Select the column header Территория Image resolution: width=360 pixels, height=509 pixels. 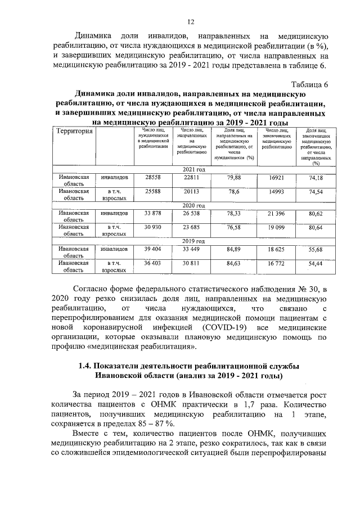click(x=74, y=131)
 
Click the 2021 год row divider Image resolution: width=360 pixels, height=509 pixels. click(x=193, y=169)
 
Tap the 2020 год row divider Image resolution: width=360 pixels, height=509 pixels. click(x=193, y=206)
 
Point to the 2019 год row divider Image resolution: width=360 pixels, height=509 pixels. click(x=193, y=242)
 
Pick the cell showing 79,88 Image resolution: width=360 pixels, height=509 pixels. click(x=233, y=177)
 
